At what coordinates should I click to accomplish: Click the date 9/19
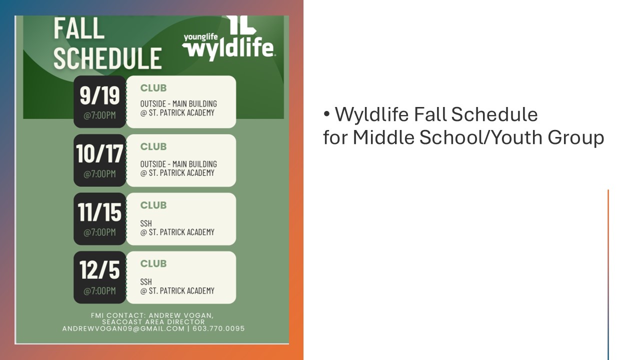point(99,95)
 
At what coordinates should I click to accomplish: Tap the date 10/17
point(99,153)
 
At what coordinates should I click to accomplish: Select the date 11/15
point(99,212)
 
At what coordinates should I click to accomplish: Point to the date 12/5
point(99,270)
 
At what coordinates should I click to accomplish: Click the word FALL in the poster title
point(79,28)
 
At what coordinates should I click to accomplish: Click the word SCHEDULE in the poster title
point(107,58)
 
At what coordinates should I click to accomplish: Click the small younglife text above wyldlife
point(201,37)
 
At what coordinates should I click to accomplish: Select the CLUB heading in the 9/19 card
point(153,88)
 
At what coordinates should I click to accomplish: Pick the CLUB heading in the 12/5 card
point(153,263)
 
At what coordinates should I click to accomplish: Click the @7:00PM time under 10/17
point(99,173)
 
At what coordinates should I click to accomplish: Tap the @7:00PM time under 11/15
point(99,232)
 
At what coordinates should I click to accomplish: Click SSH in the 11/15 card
point(146,223)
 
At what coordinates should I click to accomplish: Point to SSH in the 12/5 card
point(146,282)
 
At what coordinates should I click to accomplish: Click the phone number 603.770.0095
point(218,328)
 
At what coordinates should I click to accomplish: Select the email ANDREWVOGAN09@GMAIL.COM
point(123,328)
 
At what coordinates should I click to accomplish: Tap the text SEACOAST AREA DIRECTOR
point(153,322)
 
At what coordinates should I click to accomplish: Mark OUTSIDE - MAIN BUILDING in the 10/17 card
point(178,164)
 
